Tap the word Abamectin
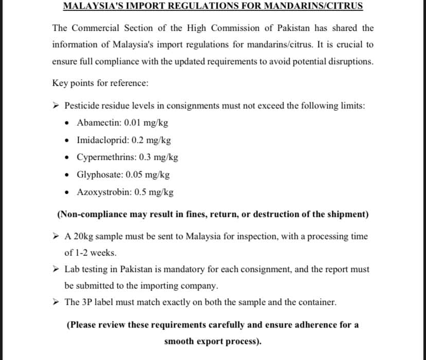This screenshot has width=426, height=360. tap(96, 123)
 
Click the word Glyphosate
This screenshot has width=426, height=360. tap(97, 175)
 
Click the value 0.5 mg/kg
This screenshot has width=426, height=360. tap(154, 192)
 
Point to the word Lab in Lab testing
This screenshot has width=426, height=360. tap(72, 269)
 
